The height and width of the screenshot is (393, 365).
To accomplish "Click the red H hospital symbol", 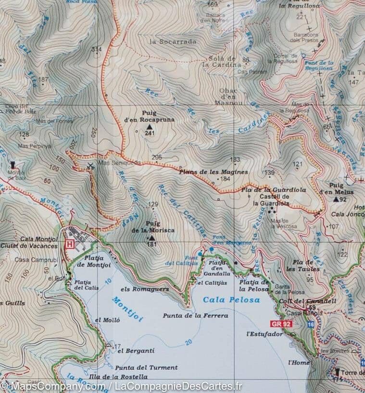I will point(70,244).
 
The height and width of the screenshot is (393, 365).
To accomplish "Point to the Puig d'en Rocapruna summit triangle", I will point(142,127).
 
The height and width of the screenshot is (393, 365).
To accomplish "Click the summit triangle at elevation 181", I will point(152,238).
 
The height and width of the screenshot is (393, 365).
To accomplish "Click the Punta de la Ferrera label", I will point(189,316).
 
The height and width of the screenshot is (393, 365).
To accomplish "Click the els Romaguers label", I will point(144,290).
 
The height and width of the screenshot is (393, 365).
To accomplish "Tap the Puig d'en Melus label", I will point(341,188).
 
